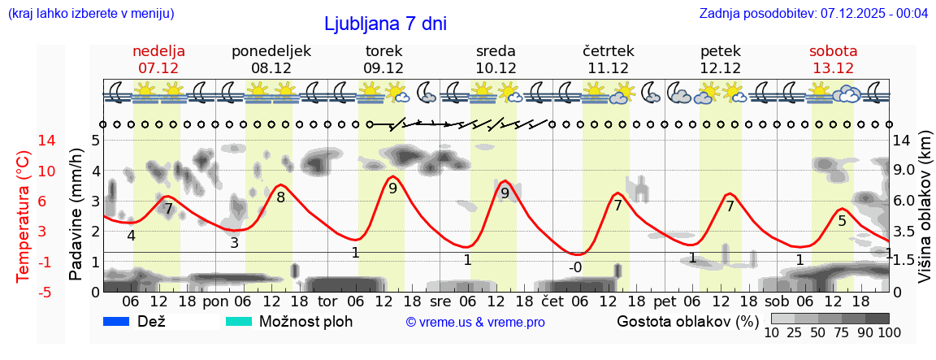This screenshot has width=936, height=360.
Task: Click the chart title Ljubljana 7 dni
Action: [385, 24]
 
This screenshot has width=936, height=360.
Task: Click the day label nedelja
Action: [159, 51]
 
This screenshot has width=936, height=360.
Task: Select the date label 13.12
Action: [833, 68]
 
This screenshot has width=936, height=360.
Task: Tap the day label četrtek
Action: [609, 51]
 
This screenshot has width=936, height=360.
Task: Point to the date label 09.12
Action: [383, 68]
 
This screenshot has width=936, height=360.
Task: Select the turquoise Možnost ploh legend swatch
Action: [239, 321]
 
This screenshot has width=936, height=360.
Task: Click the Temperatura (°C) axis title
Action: [24, 216]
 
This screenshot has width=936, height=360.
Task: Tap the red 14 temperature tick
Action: [24, 141]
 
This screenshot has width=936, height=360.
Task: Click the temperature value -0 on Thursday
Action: [575, 267]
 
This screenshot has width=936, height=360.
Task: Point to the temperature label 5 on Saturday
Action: [842, 221]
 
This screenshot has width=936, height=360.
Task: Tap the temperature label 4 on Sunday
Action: [131, 236]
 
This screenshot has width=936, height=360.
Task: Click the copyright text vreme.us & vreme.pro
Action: [475, 322]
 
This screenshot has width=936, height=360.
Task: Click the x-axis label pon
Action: [216, 301]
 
